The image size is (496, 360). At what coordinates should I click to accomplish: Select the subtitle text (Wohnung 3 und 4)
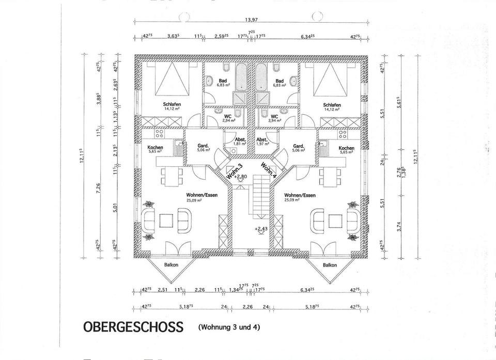coord(228,326)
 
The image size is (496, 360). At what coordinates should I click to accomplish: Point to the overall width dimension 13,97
coord(252,20)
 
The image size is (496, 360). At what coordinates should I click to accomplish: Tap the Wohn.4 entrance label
coord(269,169)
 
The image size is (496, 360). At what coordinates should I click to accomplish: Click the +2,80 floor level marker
coord(241,177)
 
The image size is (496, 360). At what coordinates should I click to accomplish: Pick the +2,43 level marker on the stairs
coord(260,228)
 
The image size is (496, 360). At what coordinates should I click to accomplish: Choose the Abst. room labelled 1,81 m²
coord(239,142)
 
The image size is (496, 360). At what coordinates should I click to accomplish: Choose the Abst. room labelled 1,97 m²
coord(262,142)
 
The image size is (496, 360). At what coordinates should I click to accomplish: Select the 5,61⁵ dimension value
coord(399,102)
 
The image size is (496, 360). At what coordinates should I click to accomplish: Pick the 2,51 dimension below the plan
coord(163,290)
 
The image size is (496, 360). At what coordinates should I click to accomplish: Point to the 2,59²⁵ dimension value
coord(223,37)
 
